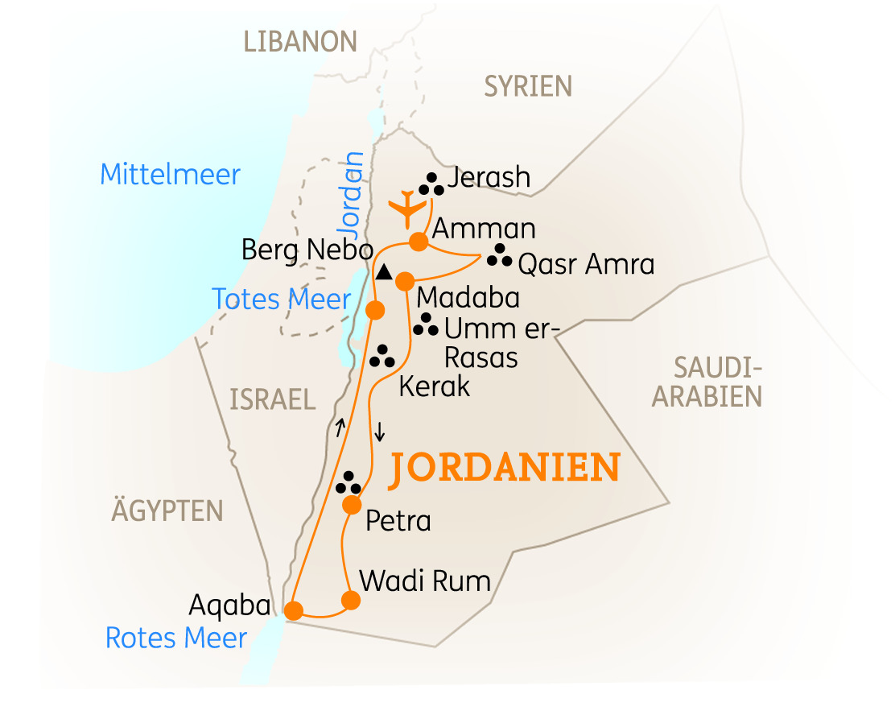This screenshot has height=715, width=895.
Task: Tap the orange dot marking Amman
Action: coord(418,242)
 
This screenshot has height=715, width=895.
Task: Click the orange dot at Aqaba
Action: coord(294,611)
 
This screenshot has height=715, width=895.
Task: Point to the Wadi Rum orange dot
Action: coord(350,600)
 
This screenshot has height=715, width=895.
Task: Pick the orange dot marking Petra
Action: coord(352,505)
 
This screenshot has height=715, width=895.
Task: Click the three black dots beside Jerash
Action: coord(432,185)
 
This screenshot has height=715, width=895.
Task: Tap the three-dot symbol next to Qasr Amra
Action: coord(499,255)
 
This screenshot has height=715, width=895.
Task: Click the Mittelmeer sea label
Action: coord(170,175)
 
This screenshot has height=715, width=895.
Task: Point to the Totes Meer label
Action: coord(282,300)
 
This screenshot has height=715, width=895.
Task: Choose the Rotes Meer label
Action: coord(176,639)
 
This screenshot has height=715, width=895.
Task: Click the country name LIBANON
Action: coord(300,42)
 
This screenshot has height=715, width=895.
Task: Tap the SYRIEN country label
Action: coord(527,86)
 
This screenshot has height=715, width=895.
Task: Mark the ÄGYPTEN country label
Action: coord(167,510)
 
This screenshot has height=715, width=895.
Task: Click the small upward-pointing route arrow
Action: coord(340,428)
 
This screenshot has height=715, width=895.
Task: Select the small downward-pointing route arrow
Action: coord(380,431)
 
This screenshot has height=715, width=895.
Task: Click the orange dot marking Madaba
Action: coord(404,281)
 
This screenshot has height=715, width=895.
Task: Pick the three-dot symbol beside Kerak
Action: coord(382,356)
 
